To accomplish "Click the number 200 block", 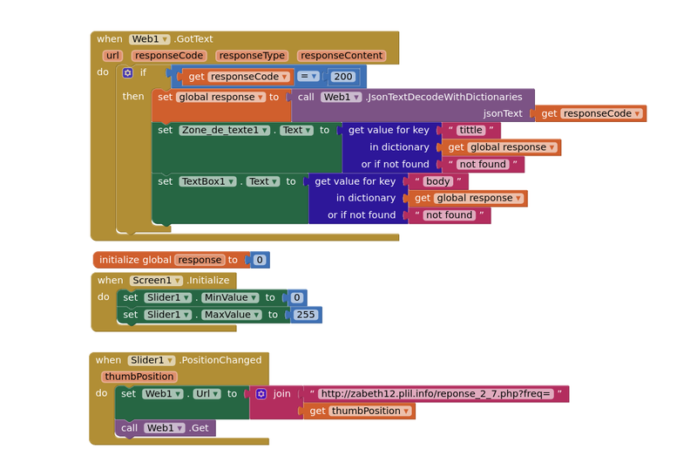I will [x=343, y=77].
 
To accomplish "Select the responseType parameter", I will [x=252, y=56].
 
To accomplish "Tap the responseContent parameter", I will [x=341, y=56].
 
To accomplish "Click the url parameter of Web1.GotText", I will [x=112, y=56].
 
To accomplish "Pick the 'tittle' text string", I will [x=471, y=130].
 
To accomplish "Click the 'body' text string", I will [x=438, y=181].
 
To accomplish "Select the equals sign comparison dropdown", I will [x=308, y=77].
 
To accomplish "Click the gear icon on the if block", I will [x=127, y=73].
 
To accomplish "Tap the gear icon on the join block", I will [x=261, y=394].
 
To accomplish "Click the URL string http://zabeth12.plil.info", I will [x=436, y=394].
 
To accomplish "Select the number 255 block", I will [x=305, y=315].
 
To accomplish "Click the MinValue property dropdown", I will [x=230, y=298].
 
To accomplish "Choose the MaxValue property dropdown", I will [x=231, y=315].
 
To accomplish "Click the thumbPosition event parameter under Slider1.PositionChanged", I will [x=139, y=377].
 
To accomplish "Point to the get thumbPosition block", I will [x=360, y=411].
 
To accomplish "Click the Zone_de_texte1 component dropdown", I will [x=225, y=130].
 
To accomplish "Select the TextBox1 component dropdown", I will [x=208, y=181].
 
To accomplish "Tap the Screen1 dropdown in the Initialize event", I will [x=157, y=281].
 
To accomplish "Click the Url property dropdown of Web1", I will [x=206, y=394].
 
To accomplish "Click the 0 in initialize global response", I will [x=259, y=260].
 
